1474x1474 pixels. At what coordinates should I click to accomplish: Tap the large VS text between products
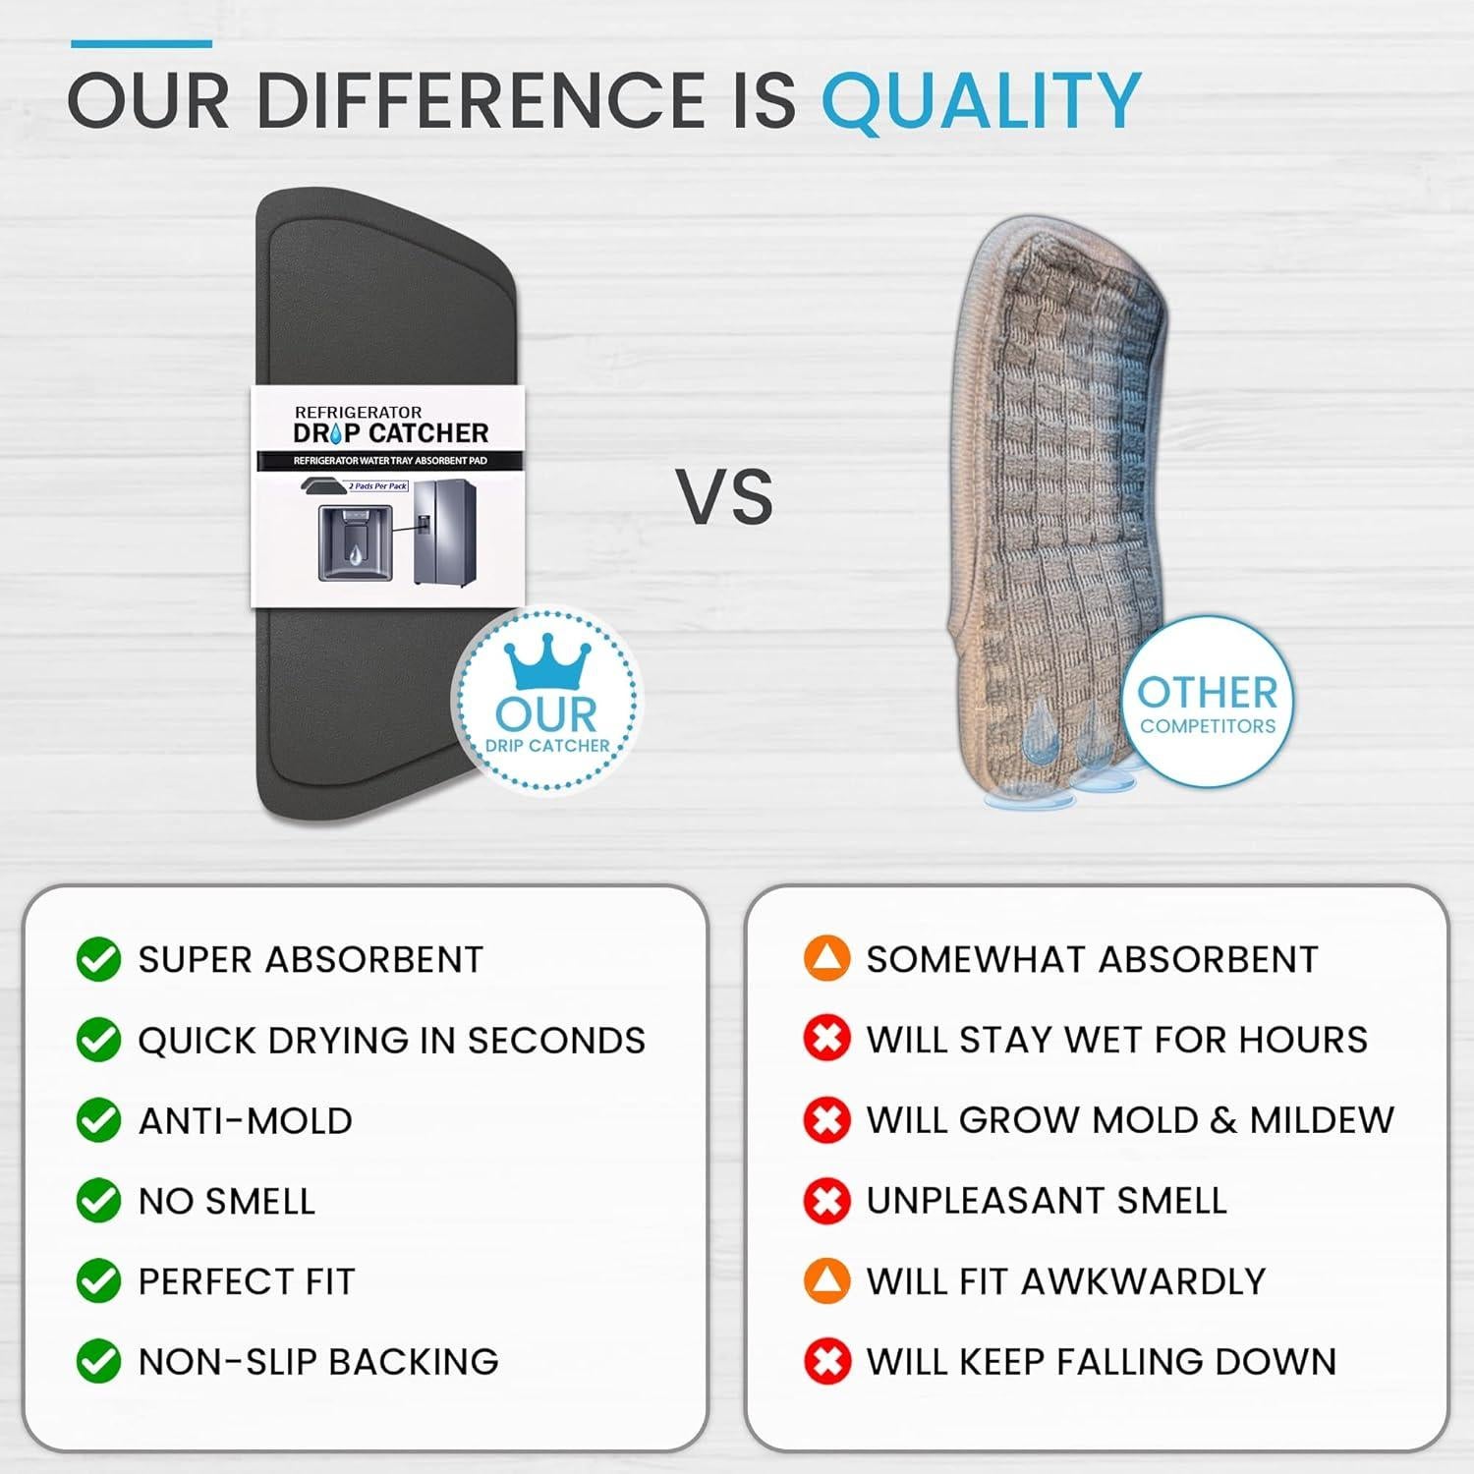725,496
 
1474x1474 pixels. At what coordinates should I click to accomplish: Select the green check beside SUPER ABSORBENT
98,959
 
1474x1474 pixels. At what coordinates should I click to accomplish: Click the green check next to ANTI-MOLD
98,1120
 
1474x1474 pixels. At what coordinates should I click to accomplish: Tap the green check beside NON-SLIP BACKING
98,1361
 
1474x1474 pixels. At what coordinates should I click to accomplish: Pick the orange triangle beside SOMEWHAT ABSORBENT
826,958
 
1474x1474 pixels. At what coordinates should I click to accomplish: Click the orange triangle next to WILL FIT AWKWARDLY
826,1280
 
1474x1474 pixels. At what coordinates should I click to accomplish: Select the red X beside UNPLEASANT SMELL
826,1200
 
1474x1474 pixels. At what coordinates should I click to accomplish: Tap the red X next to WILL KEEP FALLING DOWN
826,1361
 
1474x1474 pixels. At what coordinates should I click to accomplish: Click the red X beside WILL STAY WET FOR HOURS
826,1039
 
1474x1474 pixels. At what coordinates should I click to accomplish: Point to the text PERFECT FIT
247,1281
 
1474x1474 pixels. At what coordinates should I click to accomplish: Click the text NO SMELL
227,1201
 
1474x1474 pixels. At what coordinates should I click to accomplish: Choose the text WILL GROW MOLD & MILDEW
1130,1119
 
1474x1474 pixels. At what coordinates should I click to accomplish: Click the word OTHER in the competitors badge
1208,693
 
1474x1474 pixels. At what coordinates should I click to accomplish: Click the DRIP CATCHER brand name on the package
390,433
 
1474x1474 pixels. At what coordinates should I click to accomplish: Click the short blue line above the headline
142,43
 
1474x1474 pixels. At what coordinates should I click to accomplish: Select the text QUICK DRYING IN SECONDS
392,1040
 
